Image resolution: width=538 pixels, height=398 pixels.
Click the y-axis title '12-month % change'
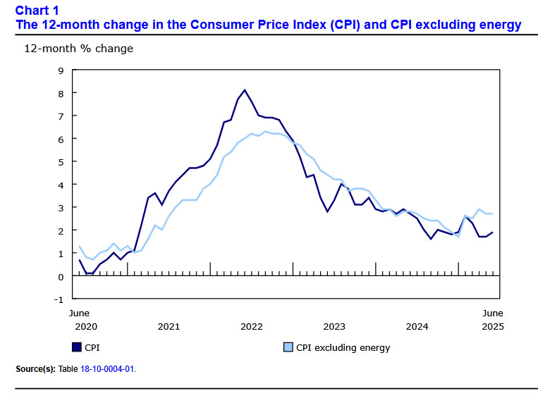[78, 49]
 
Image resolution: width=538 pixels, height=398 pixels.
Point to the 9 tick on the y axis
[61, 70]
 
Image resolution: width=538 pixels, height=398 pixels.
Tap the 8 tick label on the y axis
[61, 93]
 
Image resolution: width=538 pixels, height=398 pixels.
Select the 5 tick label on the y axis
[61, 162]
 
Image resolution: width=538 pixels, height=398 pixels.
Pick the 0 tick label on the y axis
[61, 276]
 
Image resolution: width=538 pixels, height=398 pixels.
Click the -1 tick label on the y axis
[59, 299]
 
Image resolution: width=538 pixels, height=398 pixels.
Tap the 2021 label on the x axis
[169, 326]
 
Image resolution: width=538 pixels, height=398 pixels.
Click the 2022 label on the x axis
[252, 326]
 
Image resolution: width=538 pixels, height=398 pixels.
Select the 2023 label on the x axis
[334, 326]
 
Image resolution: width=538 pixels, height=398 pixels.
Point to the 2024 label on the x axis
[417, 326]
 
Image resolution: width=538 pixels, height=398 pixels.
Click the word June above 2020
[79, 312]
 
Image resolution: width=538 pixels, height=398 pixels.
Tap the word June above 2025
[492, 312]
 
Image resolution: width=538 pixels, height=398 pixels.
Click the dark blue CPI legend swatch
[76, 347]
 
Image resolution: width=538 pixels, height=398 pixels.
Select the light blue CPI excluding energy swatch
[288, 347]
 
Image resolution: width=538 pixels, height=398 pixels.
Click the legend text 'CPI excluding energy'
[343, 347]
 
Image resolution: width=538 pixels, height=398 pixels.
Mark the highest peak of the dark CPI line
[245, 90]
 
